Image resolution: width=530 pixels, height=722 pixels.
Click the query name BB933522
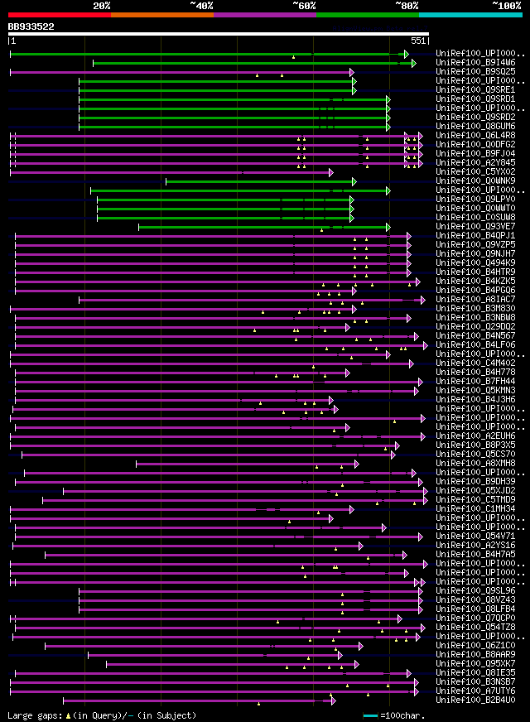tap(31, 26)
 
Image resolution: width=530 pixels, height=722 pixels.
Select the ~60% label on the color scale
tap(304, 5)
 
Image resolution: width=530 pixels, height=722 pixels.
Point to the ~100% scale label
tap(506, 5)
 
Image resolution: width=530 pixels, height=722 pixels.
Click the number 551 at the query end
tap(417, 41)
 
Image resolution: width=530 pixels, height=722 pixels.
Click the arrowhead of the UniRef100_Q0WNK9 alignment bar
tap(354, 181)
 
